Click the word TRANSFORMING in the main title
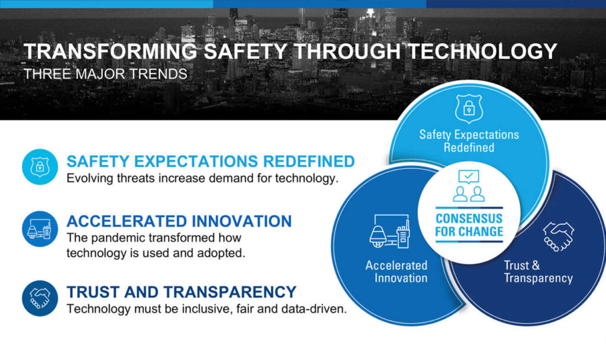(x=110, y=52)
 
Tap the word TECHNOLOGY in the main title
(x=482, y=52)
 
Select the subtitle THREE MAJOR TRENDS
(x=105, y=74)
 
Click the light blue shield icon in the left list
(x=40, y=166)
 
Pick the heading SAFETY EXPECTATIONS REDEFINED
(x=211, y=161)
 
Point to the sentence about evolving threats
(x=202, y=179)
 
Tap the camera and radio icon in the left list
(x=40, y=229)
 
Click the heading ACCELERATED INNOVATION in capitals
(x=179, y=221)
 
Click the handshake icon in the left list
(x=40, y=298)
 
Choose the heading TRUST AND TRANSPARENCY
(x=181, y=292)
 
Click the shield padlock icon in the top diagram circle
(x=469, y=109)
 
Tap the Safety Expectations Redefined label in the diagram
(x=469, y=141)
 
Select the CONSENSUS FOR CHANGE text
(x=469, y=225)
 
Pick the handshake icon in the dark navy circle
(x=559, y=236)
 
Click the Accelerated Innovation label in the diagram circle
(x=397, y=272)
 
